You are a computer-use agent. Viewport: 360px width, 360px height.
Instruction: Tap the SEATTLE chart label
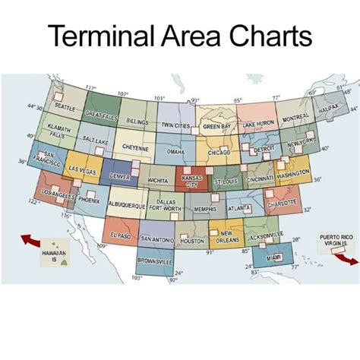(65, 108)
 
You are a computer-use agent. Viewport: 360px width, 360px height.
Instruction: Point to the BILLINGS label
(137, 121)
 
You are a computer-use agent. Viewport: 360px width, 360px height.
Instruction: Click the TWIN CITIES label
(175, 125)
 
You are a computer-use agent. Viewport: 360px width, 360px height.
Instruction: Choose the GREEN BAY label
(217, 126)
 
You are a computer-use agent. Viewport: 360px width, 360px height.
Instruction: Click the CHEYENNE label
(135, 149)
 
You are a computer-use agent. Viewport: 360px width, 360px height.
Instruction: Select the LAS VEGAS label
(82, 169)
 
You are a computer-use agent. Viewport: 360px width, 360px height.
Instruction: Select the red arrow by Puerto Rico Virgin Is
(346, 258)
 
